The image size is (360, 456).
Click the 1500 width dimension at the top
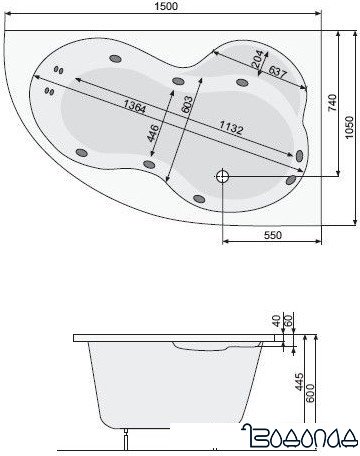pyautogui.click(x=167, y=8)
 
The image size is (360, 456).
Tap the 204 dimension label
pyautogui.click(x=257, y=62)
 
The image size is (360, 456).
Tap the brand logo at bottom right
pyautogui.click(x=306, y=437)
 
